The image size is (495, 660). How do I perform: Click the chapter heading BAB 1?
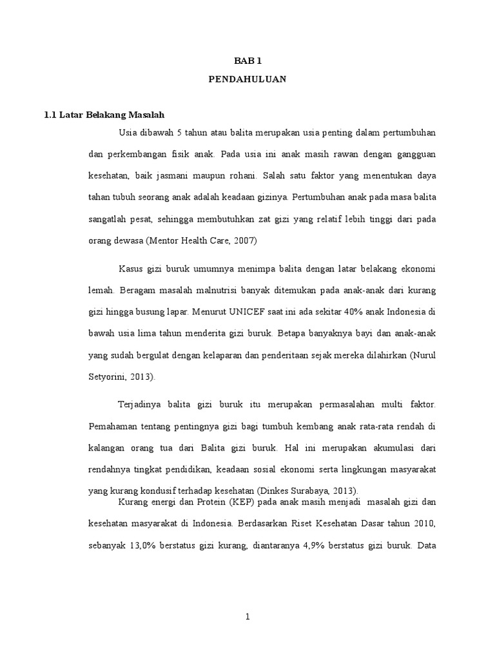(x=247, y=61)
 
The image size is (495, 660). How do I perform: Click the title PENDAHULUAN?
(x=247, y=80)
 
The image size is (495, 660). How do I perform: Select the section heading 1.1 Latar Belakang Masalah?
(x=104, y=115)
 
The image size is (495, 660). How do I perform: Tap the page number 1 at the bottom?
(x=247, y=617)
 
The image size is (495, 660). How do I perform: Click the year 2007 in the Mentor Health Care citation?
(x=246, y=240)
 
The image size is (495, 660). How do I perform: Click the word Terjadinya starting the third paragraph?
(x=139, y=404)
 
